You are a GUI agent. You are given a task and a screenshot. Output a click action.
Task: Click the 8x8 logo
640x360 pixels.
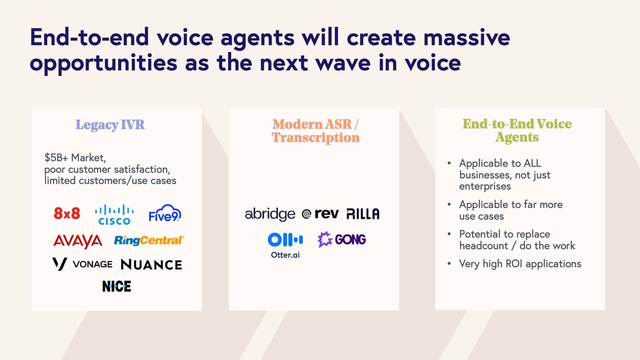[67, 213]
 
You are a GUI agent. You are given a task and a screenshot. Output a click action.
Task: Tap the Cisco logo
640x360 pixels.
[114, 215]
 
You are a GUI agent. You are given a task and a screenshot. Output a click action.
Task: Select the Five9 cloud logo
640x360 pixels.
[164, 214]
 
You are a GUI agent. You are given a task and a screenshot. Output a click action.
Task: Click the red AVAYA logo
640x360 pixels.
[78, 241]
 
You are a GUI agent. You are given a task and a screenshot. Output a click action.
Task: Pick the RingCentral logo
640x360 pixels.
[148, 240]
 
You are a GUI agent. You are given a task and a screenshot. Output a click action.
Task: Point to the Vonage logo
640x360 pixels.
[82, 264]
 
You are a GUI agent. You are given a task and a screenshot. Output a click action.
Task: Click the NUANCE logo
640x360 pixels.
[151, 264]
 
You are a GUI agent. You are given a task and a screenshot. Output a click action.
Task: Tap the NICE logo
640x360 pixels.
[116, 286]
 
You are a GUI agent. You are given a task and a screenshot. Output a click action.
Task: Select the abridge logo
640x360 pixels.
[270, 214]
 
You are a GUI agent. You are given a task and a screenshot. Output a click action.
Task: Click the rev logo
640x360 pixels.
[320, 214]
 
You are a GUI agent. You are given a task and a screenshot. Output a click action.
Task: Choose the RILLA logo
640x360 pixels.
[363, 214]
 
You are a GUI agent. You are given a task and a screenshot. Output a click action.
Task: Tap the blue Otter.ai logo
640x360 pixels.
[285, 245]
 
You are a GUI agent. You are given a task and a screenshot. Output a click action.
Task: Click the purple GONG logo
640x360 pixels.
[342, 240]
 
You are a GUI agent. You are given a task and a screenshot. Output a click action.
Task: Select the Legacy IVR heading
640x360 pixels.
[110, 125]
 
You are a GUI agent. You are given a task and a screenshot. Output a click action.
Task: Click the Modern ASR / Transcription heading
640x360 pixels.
[316, 131]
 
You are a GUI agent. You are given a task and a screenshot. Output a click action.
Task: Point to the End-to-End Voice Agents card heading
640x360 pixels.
[517, 130]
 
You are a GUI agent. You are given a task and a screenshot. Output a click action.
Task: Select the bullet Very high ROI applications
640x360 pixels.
[520, 264]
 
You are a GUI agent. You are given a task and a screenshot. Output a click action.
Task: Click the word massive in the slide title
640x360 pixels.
[466, 37]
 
